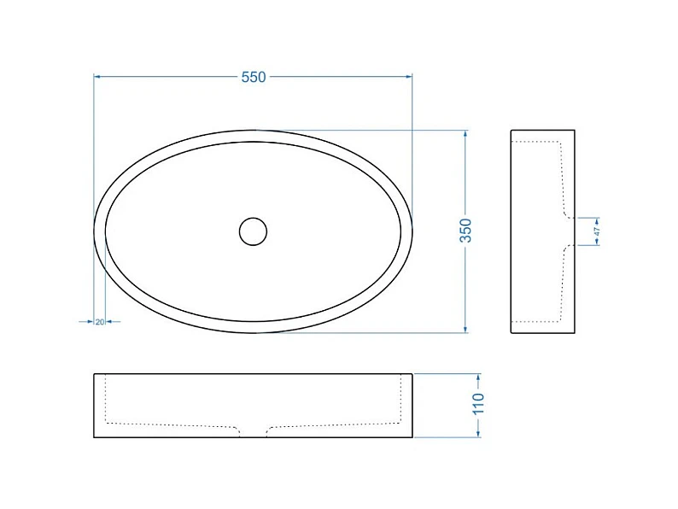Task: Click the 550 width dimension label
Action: click(254, 77)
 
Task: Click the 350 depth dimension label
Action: click(465, 231)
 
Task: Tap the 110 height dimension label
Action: click(478, 404)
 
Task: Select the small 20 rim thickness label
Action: click(100, 322)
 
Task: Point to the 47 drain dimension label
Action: click(597, 231)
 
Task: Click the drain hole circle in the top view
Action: click(253, 231)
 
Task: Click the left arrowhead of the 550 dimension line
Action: click(97, 77)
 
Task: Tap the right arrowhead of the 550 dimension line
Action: click(409, 77)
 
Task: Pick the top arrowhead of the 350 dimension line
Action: click(465, 133)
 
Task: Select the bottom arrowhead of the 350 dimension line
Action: click(465, 329)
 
